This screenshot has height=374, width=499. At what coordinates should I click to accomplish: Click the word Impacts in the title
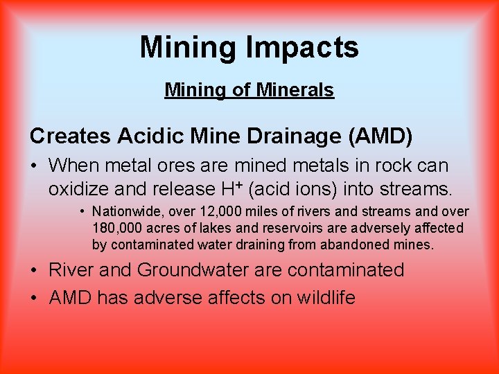[x=301, y=48]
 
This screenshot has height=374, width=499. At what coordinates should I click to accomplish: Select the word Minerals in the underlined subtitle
[x=295, y=90]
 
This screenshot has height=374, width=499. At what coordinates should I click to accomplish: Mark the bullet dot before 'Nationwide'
[x=82, y=212]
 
